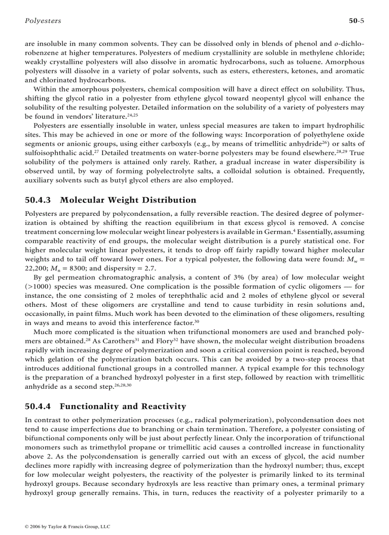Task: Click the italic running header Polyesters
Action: point(42,21)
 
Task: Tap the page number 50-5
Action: point(356,21)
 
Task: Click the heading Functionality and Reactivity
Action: point(123,406)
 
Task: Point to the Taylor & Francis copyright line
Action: point(67,527)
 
